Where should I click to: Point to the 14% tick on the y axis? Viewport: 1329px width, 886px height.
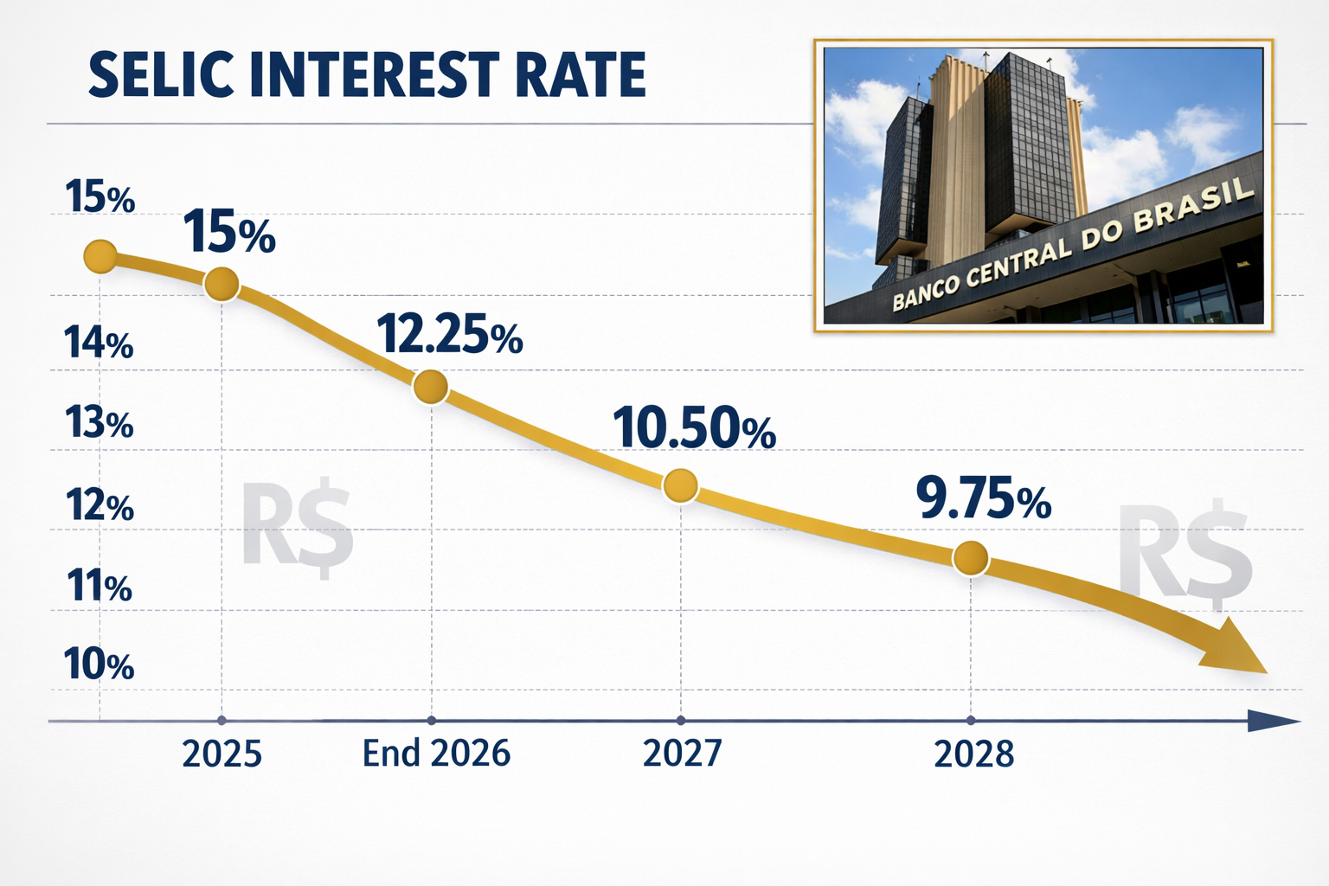pyautogui.click(x=99, y=344)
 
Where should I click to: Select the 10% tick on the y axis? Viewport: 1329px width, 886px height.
pyautogui.click(x=99, y=665)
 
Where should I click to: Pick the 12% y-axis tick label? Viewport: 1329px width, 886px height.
pyautogui.click(x=100, y=506)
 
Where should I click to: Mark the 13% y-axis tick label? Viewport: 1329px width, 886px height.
pyautogui.click(x=99, y=424)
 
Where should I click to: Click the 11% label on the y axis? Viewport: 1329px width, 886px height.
pyautogui.click(x=100, y=587)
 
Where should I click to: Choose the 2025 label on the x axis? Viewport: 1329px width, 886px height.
pyautogui.click(x=221, y=754)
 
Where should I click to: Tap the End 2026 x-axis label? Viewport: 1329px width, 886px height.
pyautogui.click(x=436, y=754)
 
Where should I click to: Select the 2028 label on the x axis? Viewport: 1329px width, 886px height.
pyautogui.click(x=973, y=754)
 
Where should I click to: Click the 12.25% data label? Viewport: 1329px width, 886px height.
pyautogui.click(x=449, y=335)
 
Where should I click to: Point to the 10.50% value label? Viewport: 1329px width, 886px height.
pyautogui.click(x=694, y=429)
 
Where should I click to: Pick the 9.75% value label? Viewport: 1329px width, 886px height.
pyautogui.click(x=983, y=500)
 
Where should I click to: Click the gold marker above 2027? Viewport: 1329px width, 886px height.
pyautogui.click(x=680, y=486)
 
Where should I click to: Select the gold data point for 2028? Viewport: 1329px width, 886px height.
pyautogui.click(x=970, y=559)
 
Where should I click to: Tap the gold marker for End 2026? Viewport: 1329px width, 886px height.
pyautogui.click(x=431, y=387)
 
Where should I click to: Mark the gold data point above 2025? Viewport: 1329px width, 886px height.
pyautogui.click(x=221, y=284)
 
